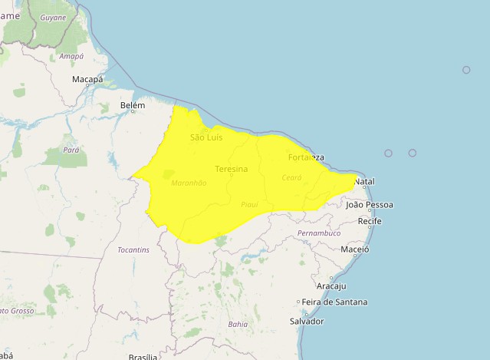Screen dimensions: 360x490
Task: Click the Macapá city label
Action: coord(87,79)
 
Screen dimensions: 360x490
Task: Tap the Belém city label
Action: coord(133,105)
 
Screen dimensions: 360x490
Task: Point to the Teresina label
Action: coord(232,169)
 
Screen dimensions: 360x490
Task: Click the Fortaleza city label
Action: coord(306,157)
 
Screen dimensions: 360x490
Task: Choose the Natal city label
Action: coord(364,181)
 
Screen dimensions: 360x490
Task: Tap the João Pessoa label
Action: coord(370,205)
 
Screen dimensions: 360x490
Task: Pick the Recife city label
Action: coord(370,221)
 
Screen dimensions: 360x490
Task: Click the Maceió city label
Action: coord(355,249)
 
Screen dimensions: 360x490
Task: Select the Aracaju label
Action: coord(331,286)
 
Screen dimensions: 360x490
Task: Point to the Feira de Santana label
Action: coord(334,302)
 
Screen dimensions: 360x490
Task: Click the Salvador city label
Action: coord(307,321)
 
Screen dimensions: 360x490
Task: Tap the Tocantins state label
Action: coord(133,250)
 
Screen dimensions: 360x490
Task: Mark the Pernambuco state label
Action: coord(318,233)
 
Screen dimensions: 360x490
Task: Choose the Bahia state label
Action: coord(238,324)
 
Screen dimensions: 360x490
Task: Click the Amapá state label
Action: coord(71,56)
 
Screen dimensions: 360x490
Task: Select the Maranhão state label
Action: coord(189,183)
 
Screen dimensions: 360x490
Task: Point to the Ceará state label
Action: coord(292,177)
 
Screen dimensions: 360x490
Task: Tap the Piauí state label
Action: coord(250,204)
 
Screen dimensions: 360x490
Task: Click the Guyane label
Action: coord(53,17)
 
